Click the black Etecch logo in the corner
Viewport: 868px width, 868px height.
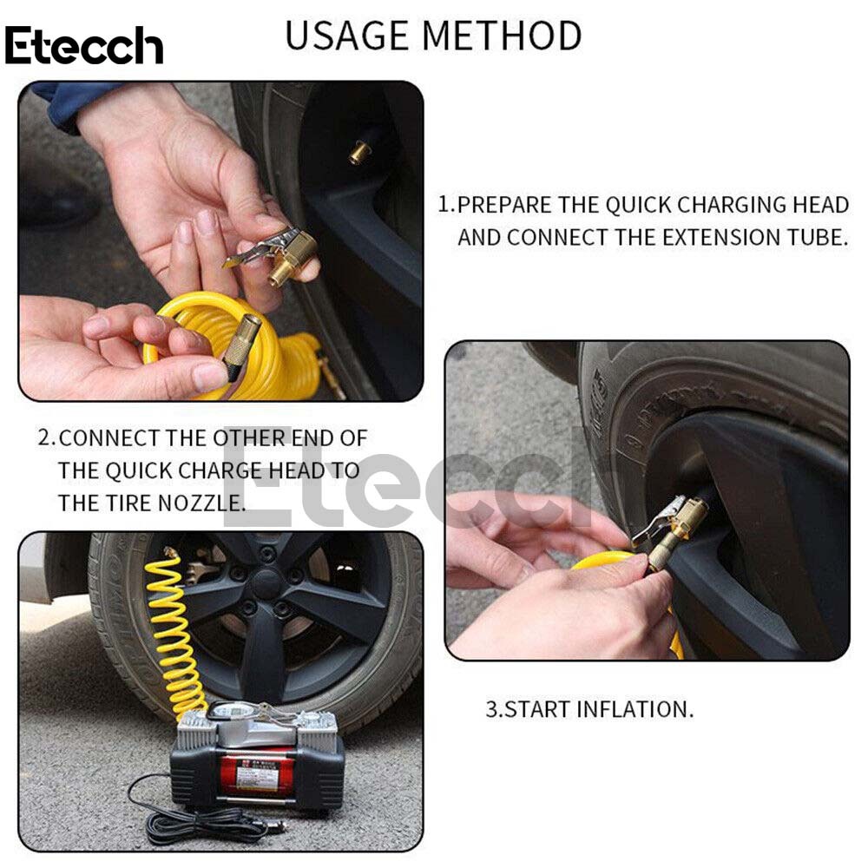tap(84, 45)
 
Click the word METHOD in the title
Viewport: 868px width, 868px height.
tap(502, 36)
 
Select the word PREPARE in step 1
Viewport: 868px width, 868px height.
tap(504, 205)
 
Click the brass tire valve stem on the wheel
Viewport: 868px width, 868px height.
tap(361, 152)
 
